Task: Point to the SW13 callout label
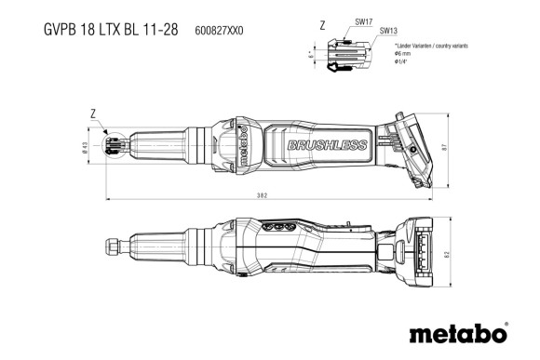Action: [388, 31]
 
